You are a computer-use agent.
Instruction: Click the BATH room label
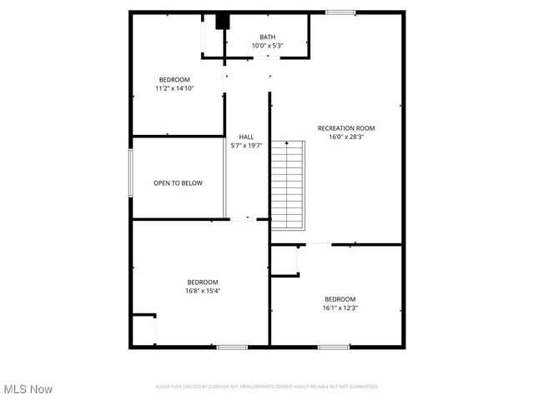point(267,37)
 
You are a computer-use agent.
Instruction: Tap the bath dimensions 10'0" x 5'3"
point(267,45)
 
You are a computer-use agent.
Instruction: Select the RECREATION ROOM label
point(346,128)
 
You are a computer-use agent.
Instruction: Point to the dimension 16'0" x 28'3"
point(346,137)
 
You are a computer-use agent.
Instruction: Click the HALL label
point(246,137)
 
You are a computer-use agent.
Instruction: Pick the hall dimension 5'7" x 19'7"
point(246,145)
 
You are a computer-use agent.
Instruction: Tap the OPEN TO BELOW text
point(178,183)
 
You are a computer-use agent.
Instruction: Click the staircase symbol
point(287,185)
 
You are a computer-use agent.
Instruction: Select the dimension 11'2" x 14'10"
point(174,87)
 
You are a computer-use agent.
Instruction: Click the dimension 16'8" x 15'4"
point(203,291)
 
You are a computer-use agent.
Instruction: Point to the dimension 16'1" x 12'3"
point(340,307)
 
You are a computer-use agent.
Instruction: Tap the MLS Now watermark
point(28,389)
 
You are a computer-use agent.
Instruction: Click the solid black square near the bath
point(222,22)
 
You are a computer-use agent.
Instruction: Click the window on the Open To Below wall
point(130,173)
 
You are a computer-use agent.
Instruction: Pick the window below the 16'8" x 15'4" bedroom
point(232,346)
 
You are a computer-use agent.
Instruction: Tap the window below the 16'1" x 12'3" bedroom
point(333,346)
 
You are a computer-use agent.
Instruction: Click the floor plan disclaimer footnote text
point(267,387)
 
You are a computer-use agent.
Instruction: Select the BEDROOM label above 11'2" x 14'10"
point(174,79)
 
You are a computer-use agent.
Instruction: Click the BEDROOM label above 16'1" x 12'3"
point(340,299)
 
